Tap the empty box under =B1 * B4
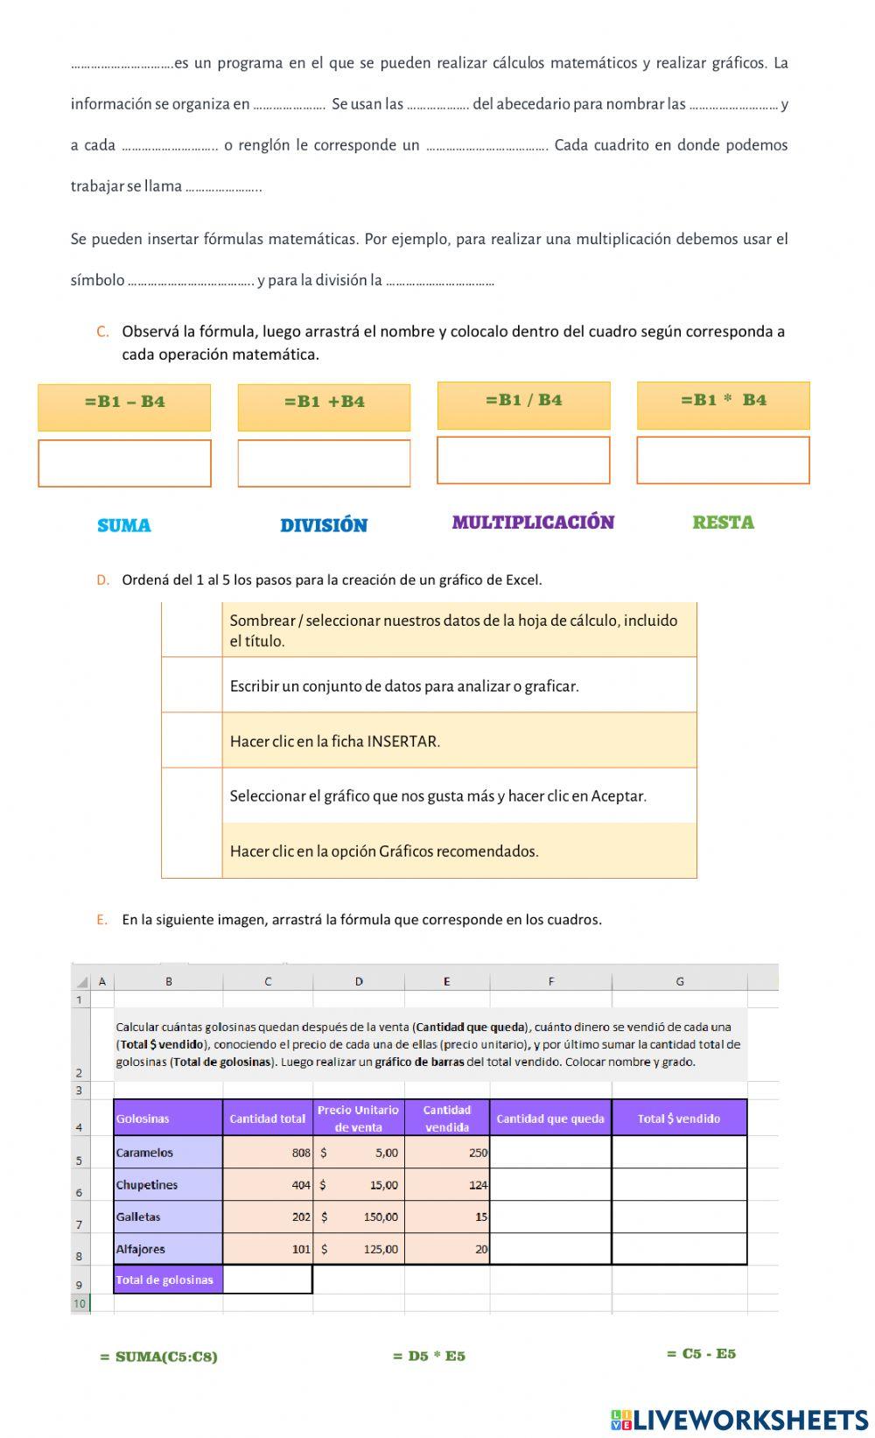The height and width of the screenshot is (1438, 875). tap(723, 460)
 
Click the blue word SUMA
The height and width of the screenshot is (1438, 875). tap(124, 525)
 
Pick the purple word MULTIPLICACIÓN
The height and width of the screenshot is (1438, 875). tap(533, 523)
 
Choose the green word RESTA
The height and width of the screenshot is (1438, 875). tap(723, 523)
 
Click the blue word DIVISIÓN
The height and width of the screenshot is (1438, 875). tap(324, 525)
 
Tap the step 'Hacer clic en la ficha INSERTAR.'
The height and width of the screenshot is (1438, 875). tap(458, 740)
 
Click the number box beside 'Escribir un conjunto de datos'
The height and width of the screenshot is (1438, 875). tap(192, 685)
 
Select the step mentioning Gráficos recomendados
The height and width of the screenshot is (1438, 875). tap(458, 851)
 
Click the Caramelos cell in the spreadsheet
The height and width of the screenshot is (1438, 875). tap(168, 1153)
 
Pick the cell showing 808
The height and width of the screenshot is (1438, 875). tap(268, 1153)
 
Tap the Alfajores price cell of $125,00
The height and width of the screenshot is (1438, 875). tap(359, 1249)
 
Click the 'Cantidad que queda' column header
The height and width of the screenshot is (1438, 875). tap(550, 1119)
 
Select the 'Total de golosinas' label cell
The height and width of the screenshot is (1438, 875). tap(168, 1280)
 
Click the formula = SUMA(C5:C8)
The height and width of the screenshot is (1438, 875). tap(158, 1357)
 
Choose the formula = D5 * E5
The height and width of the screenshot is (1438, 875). tap(429, 1356)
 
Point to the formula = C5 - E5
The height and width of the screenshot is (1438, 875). tap(701, 1354)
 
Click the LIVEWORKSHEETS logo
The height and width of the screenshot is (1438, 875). tap(739, 1419)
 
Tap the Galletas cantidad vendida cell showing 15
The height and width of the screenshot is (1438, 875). tap(447, 1217)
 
